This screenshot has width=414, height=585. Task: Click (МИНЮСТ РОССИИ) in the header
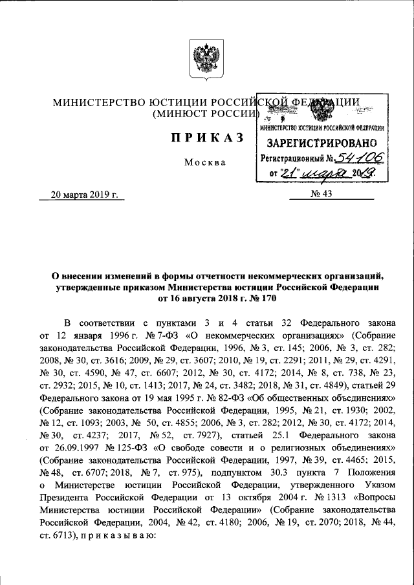(204, 114)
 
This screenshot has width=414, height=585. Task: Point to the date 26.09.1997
(75, 466)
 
